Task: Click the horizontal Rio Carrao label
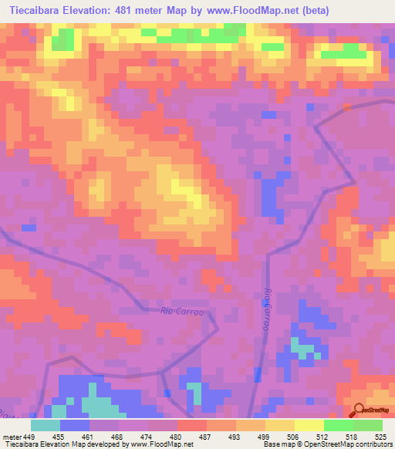[x=181, y=312]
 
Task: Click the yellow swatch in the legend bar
[x=309, y=425]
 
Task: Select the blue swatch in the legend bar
[x=75, y=425]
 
